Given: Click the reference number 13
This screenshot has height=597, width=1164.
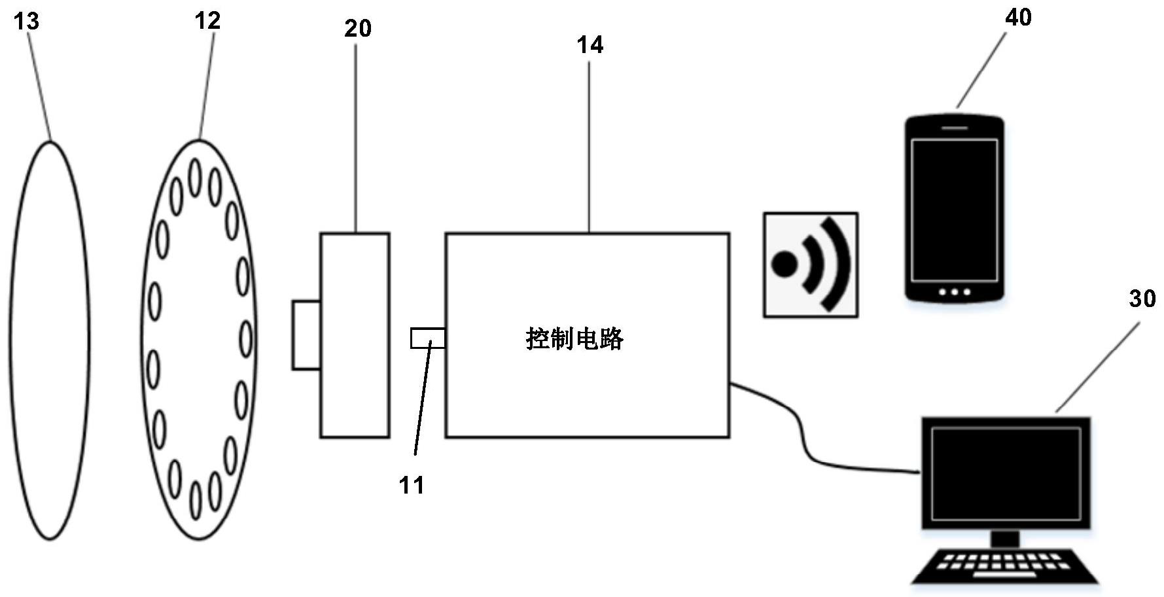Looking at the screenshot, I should (27, 22).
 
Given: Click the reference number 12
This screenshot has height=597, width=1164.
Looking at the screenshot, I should (207, 21).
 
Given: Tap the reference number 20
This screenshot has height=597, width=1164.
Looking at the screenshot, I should (358, 28).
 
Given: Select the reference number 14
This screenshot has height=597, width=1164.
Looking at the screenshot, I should (590, 45).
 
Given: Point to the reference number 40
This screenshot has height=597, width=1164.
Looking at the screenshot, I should (1018, 18).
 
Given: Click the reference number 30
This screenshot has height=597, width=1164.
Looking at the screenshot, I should (1142, 298).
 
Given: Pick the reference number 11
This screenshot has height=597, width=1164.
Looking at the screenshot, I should (412, 485).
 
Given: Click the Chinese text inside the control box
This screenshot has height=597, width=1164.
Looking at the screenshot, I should (574, 339).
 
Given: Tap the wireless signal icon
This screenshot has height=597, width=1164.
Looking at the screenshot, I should (811, 264).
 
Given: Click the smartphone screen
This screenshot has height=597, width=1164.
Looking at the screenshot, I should (954, 209).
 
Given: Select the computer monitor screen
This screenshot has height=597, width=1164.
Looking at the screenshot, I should (1006, 473).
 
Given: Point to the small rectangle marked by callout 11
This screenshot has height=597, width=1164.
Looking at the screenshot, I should (428, 338).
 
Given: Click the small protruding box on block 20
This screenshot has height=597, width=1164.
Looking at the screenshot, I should (306, 335).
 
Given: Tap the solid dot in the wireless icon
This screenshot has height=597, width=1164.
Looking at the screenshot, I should (785, 264).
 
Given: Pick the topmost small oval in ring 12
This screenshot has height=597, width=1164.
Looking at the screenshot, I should (194, 177).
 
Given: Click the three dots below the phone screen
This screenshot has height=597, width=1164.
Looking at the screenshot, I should (954, 292).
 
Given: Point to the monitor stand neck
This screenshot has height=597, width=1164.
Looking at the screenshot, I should (1005, 539).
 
